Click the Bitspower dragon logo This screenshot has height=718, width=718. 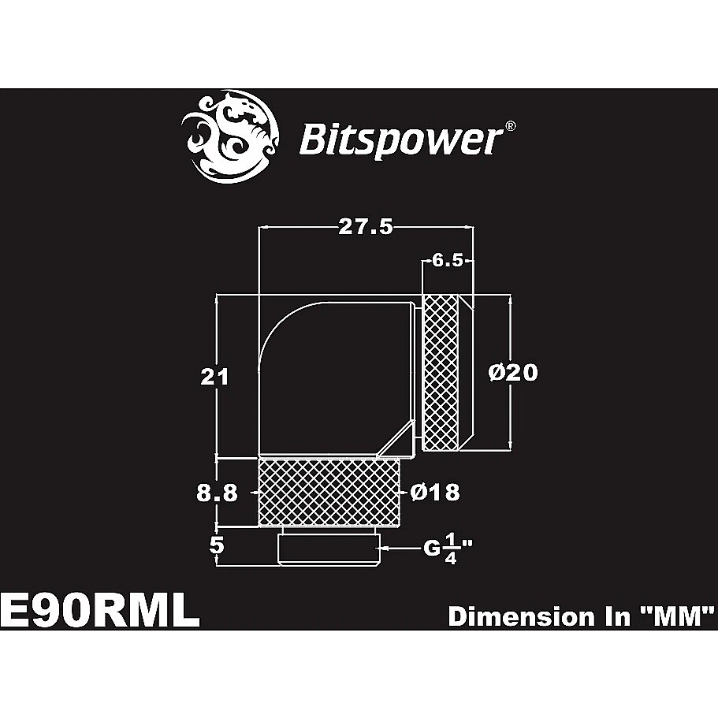click(x=230, y=136)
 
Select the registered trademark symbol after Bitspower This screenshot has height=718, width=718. click(x=510, y=126)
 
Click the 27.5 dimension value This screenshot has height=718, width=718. click(x=366, y=227)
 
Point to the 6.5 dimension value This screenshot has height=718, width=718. click(x=448, y=261)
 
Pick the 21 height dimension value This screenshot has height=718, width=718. click(x=214, y=377)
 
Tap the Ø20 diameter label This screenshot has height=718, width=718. click(x=513, y=372)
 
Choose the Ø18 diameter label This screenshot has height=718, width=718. click(x=434, y=493)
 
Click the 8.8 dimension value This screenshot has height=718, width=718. click(x=217, y=493)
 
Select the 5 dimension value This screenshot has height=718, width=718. click(x=217, y=545)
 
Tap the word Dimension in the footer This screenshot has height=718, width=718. click(x=519, y=616)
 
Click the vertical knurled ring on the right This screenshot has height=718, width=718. click(x=441, y=372)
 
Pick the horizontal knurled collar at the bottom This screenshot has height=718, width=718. click(x=329, y=493)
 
